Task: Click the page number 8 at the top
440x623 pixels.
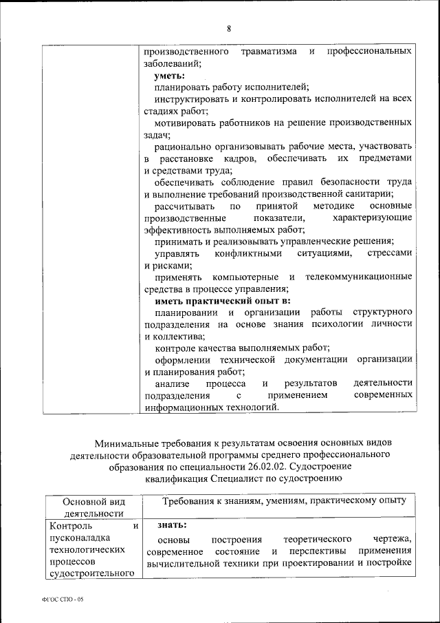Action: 230,28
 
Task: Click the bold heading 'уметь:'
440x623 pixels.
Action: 169,75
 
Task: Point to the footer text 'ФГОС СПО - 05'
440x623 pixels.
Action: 62,600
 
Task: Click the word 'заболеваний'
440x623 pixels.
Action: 172,63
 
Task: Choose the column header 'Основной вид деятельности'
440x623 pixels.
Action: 93,507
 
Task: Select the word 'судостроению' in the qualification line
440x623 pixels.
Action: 305,479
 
